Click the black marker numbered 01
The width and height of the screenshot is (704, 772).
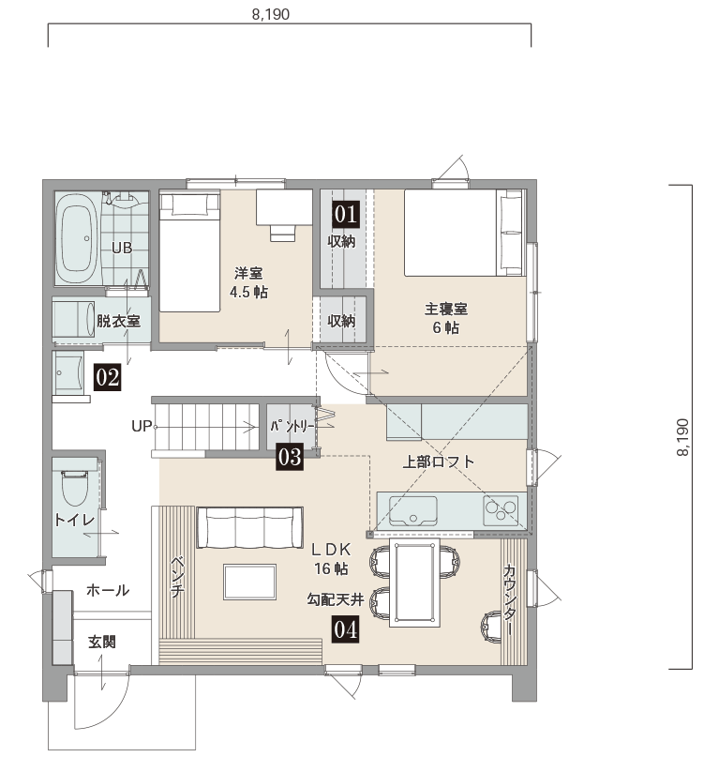click(346, 214)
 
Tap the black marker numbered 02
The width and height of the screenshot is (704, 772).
click(107, 378)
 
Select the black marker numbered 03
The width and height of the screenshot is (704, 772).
click(290, 457)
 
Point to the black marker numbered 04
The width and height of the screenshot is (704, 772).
click(345, 629)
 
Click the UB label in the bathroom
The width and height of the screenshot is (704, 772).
click(122, 248)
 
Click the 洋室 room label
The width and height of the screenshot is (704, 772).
click(248, 273)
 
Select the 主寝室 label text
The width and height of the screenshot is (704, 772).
click(445, 310)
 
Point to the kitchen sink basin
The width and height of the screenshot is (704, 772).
click(412, 510)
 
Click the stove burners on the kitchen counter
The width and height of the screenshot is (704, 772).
click(501, 510)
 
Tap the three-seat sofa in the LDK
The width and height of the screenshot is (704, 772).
click(249, 527)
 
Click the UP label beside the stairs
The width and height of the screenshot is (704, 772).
click(142, 426)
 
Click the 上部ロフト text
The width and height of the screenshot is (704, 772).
click(439, 462)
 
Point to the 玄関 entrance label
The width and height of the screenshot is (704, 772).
click(102, 642)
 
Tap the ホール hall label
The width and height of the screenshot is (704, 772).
click(108, 590)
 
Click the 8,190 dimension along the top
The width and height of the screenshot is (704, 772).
click(271, 14)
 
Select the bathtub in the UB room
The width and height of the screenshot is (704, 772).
click(76, 239)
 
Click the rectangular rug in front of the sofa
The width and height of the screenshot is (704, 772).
click(249, 582)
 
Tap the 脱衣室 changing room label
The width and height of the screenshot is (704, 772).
click(118, 321)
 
